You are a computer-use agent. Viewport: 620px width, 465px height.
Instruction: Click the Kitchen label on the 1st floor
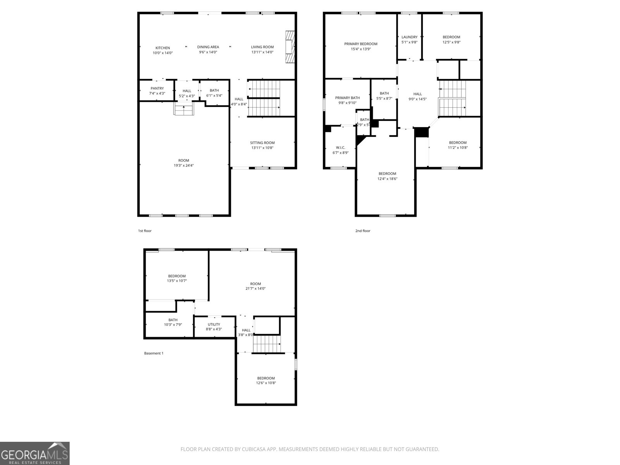tap(163, 48)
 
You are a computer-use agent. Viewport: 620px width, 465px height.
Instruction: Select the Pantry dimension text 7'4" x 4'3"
tap(157, 93)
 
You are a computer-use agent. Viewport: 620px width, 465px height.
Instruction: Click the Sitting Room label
tap(262, 143)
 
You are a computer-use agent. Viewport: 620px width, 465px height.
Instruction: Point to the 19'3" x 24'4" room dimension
tap(184, 165)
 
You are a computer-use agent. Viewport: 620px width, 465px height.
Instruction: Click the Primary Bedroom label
tap(361, 44)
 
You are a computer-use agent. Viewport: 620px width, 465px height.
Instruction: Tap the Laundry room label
tap(409, 37)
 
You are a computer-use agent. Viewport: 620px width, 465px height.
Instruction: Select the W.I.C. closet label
tap(341, 147)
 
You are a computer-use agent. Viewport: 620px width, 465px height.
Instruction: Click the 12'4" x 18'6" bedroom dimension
tap(387, 179)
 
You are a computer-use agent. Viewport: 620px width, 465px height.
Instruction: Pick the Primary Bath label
tap(347, 98)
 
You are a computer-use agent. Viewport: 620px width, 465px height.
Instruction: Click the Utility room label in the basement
tap(214, 324)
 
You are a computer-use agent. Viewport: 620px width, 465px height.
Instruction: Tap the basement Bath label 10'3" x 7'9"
tap(173, 325)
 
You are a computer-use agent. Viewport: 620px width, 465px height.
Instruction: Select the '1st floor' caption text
tap(145, 231)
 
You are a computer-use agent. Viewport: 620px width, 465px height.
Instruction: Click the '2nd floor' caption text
tap(363, 231)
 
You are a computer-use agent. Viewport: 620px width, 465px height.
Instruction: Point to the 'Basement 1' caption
tap(154, 353)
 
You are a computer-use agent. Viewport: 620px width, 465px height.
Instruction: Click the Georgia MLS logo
tap(35, 453)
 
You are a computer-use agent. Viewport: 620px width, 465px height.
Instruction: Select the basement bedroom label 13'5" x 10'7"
tap(177, 281)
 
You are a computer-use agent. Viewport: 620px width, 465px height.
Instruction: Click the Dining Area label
tap(208, 47)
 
